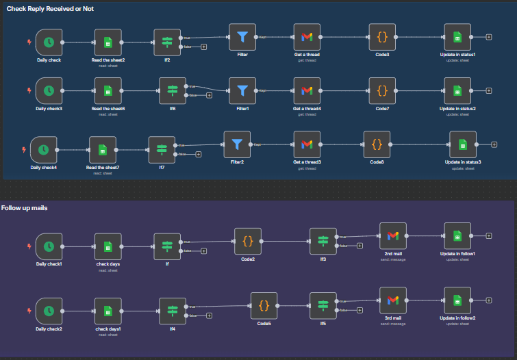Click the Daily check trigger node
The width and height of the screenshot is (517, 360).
click(49, 42)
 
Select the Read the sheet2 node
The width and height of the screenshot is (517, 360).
click(108, 42)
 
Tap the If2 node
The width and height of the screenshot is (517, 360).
click(167, 42)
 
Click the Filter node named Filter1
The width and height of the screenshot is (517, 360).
click(242, 90)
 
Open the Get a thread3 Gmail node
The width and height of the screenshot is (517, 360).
click(307, 144)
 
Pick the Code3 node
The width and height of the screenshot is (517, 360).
click(382, 37)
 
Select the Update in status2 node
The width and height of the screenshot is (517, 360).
click(457, 90)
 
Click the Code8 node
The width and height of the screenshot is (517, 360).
click(377, 144)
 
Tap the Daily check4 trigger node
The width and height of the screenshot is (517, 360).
click(43, 150)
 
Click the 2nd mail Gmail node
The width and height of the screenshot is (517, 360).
click(392, 235)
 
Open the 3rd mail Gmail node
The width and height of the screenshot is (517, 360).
click(392, 300)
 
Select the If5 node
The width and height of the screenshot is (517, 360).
click(323, 305)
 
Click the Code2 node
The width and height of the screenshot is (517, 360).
click(248, 241)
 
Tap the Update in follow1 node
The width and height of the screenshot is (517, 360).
click(457, 235)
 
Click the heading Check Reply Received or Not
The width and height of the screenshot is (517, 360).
click(50, 8)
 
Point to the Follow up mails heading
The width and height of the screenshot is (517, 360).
click(24, 207)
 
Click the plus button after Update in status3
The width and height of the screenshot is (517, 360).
click(494, 144)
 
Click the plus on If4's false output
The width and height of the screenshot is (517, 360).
click(209, 316)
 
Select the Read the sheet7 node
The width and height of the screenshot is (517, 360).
click(103, 150)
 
